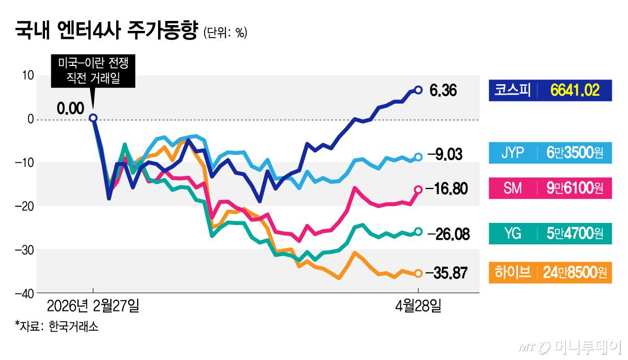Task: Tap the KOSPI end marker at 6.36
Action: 418,90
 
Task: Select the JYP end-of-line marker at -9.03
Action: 418,157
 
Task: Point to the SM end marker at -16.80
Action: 418,189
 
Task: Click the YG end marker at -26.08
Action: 418,231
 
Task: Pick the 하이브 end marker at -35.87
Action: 418,273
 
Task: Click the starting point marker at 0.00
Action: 93,118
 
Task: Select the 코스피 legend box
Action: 549,90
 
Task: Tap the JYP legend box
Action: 549,153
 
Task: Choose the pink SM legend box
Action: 549,188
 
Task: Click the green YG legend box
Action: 549,233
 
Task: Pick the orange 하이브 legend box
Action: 549,273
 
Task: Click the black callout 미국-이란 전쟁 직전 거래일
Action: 93,72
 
